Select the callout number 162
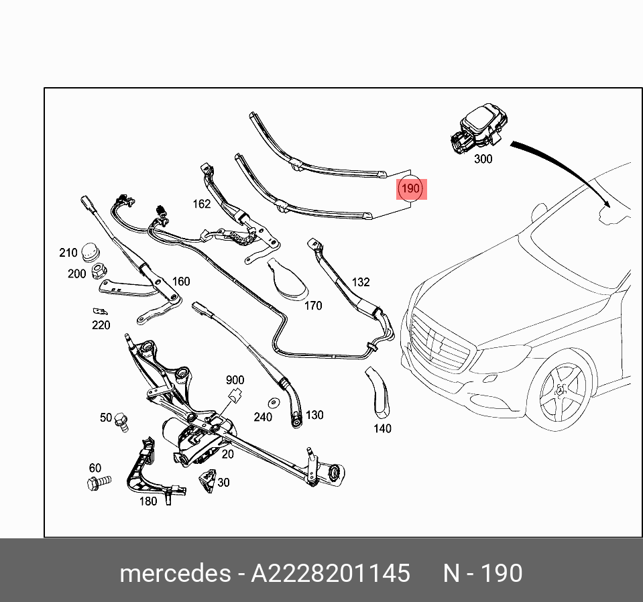pyautogui.click(x=201, y=204)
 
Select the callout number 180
pyautogui.click(x=148, y=501)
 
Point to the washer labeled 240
pyautogui.click(x=274, y=404)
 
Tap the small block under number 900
pyautogui.click(x=235, y=395)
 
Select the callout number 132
pyautogui.click(x=361, y=282)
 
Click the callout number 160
pyautogui.click(x=181, y=282)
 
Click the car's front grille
pyautogui.click(x=439, y=342)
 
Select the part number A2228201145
pyautogui.click(x=330, y=574)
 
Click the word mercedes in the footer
pyautogui.click(x=174, y=574)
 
